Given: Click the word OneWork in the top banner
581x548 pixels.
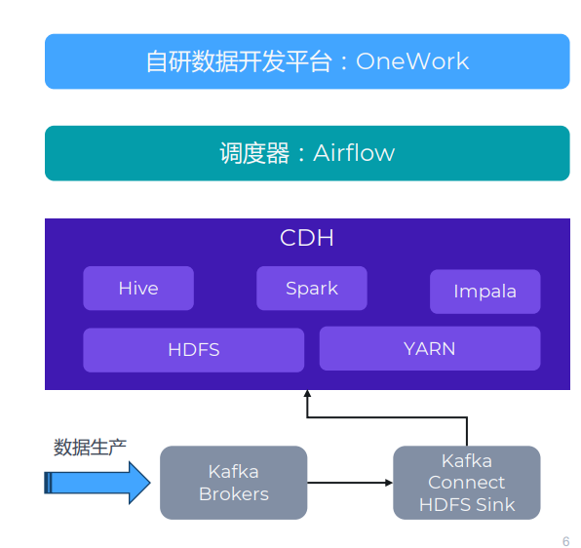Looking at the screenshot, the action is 412,61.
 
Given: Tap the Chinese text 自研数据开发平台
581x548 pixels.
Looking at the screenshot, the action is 239,61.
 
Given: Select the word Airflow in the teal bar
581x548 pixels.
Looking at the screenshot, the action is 354,153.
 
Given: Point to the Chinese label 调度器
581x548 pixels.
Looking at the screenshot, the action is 254,153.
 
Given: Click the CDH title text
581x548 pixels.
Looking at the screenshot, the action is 307,238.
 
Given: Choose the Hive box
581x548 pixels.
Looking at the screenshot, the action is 138,289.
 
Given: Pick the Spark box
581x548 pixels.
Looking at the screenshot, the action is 312,289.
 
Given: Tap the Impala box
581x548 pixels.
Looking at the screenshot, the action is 485,292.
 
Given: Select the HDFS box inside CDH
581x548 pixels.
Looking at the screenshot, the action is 194,350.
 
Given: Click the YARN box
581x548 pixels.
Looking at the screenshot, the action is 430,348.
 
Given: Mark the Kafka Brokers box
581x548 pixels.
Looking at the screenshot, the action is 233,483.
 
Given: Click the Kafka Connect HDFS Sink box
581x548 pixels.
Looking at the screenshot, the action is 467,483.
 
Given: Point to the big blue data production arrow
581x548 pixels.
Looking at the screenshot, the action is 97,483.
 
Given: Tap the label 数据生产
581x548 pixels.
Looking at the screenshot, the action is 90,448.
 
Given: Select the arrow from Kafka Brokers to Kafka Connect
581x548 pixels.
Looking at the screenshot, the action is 350,483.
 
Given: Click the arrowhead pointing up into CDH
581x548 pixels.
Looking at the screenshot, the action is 307,394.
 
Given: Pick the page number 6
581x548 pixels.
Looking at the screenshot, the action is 565,541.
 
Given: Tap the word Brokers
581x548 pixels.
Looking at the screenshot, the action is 234,494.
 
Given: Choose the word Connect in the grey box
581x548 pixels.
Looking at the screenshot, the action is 467,483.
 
